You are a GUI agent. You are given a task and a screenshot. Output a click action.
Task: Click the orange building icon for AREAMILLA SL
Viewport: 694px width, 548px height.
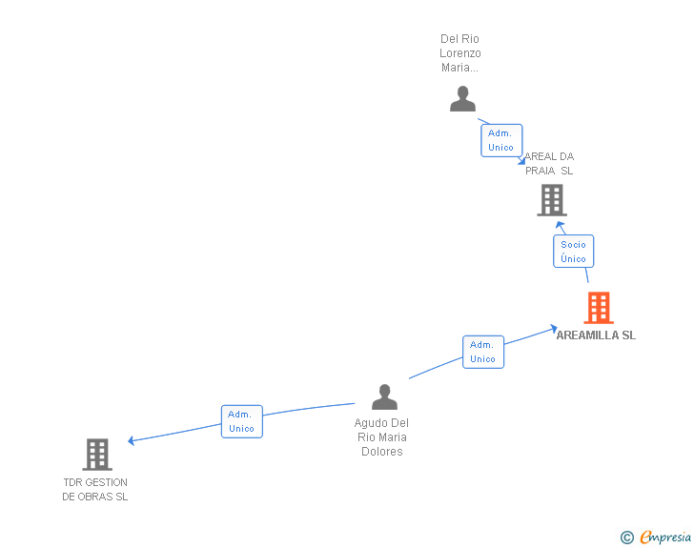(598, 308)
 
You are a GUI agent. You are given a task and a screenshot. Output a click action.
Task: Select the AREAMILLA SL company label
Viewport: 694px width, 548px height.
(596, 335)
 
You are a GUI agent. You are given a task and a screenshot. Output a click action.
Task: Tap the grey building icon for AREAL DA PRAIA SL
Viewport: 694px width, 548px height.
(551, 200)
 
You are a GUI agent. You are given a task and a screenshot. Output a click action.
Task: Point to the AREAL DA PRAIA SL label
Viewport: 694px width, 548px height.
(549, 163)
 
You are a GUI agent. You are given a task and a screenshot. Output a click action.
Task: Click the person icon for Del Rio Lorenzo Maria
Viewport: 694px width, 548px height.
(462, 99)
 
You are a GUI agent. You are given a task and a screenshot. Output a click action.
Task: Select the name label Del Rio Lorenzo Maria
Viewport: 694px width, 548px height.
(460, 53)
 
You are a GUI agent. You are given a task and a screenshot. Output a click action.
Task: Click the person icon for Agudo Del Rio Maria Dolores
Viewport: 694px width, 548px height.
(384, 396)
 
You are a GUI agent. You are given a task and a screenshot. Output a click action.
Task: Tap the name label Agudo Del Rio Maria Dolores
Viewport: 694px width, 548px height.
(381, 437)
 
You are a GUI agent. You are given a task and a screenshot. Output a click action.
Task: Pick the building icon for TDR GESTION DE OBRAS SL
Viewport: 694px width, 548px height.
(97, 455)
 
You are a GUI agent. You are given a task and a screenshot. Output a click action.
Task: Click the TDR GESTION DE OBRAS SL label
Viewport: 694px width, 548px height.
(95, 489)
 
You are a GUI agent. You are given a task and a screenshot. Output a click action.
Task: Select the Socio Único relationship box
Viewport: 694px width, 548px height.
(573, 252)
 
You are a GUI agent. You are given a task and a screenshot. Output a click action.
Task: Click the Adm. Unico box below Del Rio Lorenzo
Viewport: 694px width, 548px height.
(500, 140)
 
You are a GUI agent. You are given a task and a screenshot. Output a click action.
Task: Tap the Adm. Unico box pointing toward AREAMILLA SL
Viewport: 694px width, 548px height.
(482, 352)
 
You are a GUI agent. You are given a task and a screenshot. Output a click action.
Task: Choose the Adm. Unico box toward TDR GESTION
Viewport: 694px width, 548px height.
(241, 421)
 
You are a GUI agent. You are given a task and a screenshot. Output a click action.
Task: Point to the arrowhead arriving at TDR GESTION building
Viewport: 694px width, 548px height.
(132, 440)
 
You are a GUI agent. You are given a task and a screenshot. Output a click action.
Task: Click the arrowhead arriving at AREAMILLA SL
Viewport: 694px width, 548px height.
(554, 329)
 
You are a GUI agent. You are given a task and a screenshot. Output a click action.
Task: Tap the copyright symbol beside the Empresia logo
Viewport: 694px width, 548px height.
(627, 538)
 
